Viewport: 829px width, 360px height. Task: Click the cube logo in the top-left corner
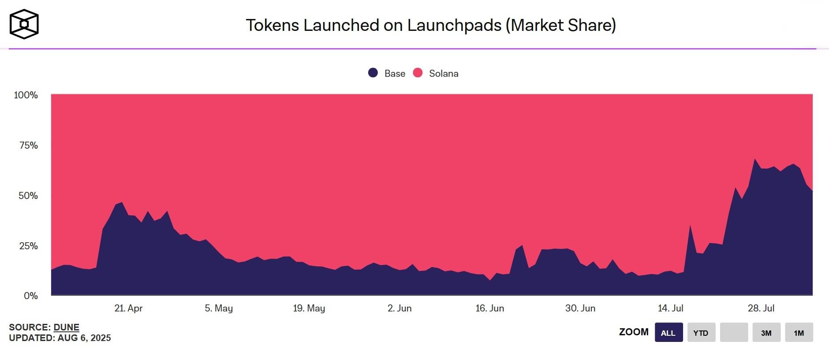(24, 24)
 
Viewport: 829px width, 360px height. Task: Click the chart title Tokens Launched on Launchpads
(430, 25)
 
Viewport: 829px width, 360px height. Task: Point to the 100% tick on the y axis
(26, 95)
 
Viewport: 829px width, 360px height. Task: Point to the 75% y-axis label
(28, 145)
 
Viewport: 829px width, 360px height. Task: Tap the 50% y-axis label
(28, 195)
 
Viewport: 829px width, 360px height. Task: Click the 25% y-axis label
(28, 246)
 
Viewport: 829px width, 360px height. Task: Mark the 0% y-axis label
(30, 296)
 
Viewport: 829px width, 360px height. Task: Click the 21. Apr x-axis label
(128, 308)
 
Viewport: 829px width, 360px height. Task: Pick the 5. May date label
(219, 308)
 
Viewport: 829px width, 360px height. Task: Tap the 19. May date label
(309, 308)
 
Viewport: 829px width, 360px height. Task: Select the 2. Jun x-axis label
(400, 308)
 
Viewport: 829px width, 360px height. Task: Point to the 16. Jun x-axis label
(489, 308)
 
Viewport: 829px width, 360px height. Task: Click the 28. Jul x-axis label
(761, 308)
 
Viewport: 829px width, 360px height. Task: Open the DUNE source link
(66, 327)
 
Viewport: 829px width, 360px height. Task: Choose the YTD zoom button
(701, 333)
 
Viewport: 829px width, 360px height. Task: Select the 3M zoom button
(766, 333)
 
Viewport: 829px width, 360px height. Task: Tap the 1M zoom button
(799, 333)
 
